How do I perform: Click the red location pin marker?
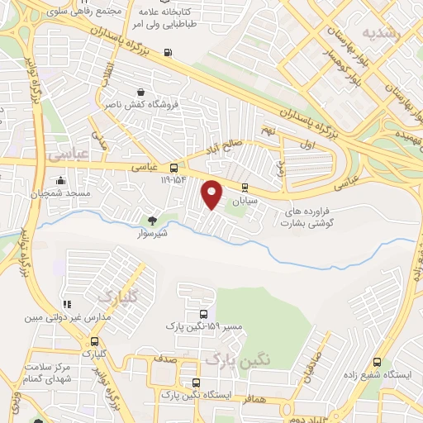click(212, 195)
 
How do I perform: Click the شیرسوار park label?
click(152, 234)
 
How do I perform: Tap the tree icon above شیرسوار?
click(152, 220)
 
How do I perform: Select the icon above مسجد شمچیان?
click(59, 181)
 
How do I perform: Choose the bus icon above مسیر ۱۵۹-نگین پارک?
click(203, 314)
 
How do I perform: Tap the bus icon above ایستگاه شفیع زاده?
click(378, 362)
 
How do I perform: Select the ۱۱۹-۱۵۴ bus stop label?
click(165, 178)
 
